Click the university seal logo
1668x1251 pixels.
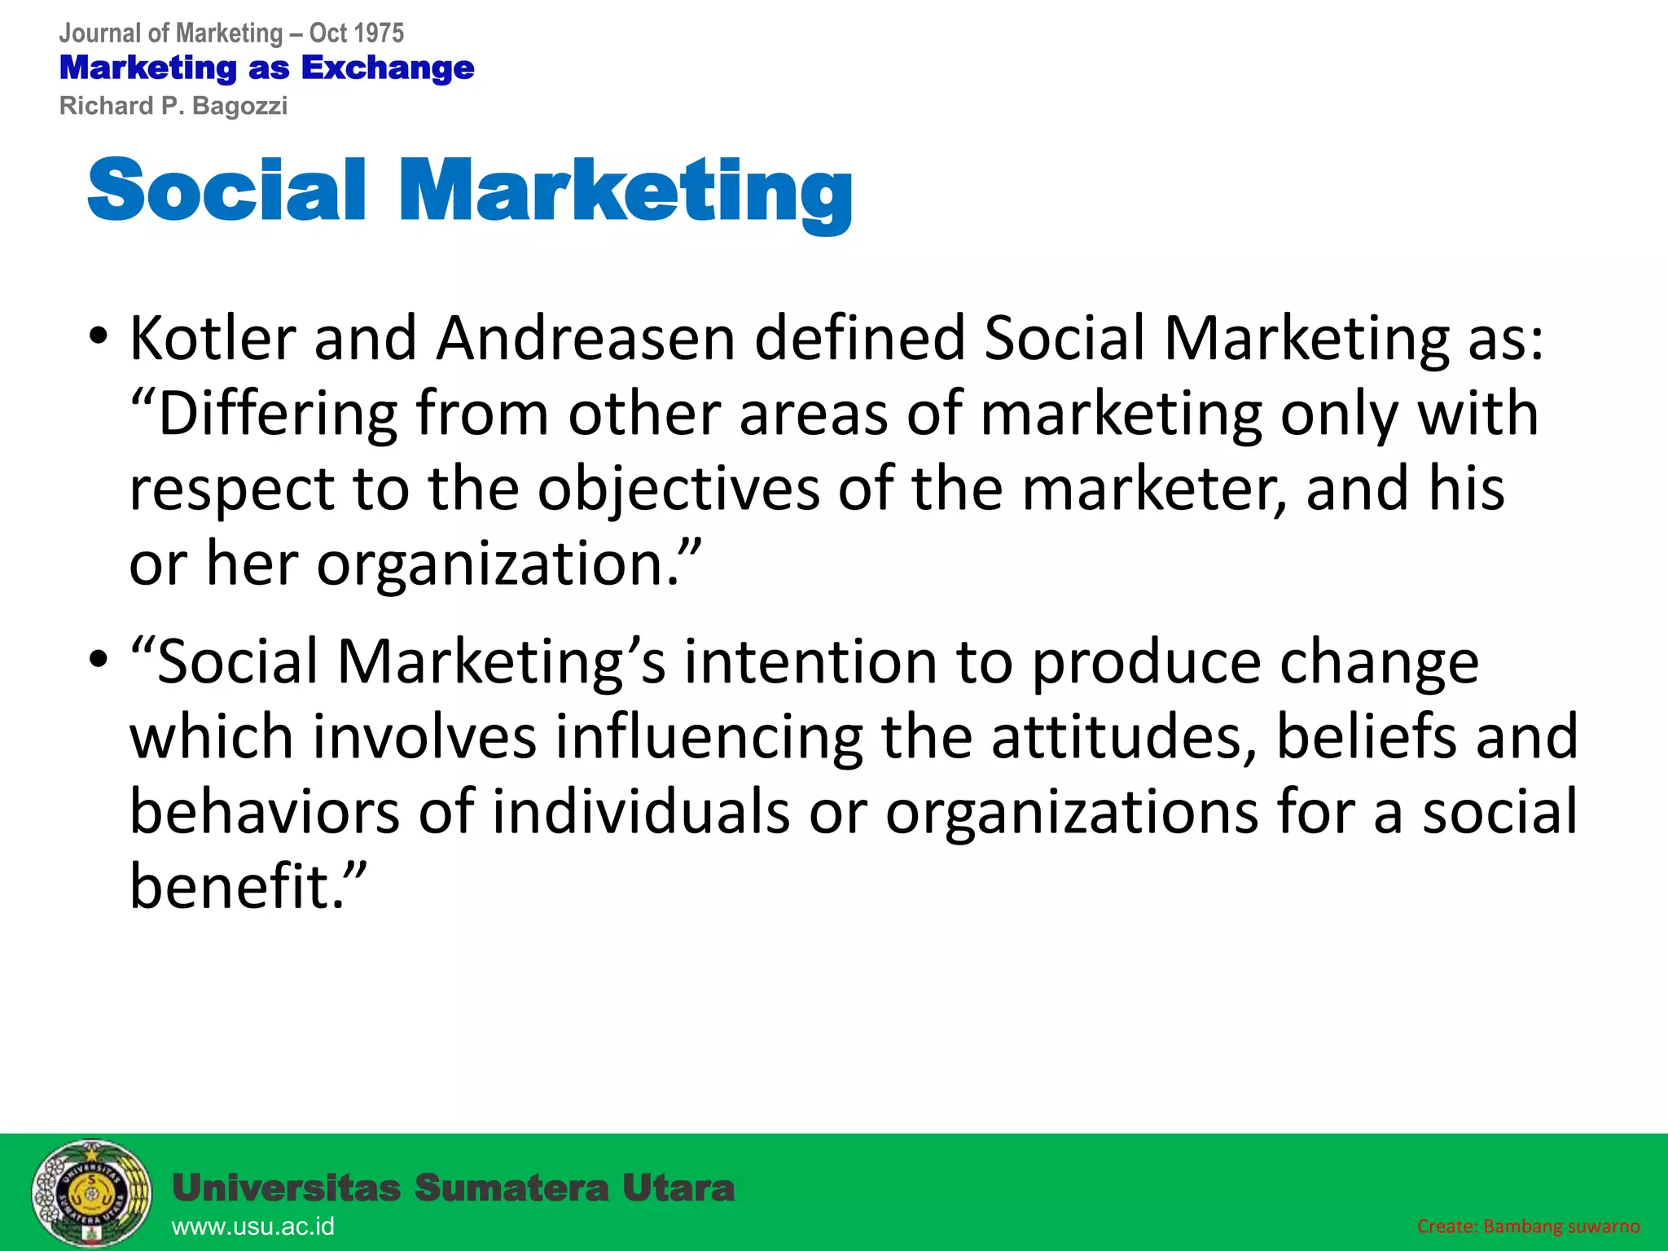(91, 1194)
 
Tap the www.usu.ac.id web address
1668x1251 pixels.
(253, 1227)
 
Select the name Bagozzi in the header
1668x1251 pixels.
(239, 106)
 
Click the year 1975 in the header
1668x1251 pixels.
(380, 33)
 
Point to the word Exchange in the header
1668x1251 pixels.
(388, 68)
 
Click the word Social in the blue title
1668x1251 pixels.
(226, 190)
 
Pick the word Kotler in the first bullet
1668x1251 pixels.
(213, 337)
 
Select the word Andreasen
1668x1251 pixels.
(586, 337)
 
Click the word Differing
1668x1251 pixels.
(277, 414)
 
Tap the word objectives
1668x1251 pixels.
(678, 489)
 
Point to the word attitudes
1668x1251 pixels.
(1124, 736)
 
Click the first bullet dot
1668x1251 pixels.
(99, 338)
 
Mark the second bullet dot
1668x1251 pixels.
(99, 660)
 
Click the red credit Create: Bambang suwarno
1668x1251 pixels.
(1528, 1227)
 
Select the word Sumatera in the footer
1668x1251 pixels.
(511, 1188)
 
